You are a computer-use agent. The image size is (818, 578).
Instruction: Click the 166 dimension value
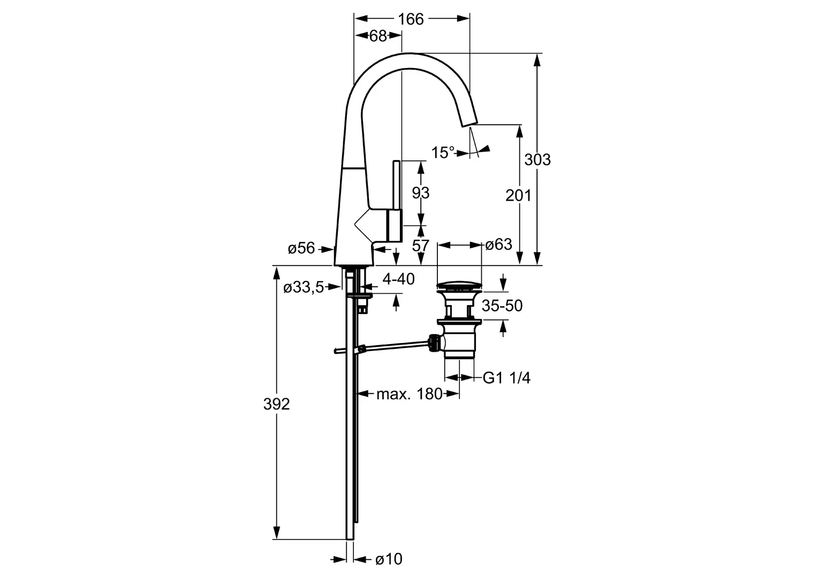[x=411, y=19]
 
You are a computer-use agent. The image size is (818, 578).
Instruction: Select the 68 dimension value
[x=378, y=36]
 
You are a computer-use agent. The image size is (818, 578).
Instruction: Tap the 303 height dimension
[x=537, y=159]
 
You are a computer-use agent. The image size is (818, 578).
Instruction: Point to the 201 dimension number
[x=518, y=195]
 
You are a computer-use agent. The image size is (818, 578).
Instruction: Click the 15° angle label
[x=443, y=153]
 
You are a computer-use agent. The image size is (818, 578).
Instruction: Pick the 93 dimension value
[x=421, y=192]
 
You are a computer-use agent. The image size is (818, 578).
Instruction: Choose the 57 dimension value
[x=421, y=246]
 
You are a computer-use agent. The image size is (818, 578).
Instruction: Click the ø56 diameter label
[x=301, y=248]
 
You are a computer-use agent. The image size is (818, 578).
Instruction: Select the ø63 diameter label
[x=498, y=245]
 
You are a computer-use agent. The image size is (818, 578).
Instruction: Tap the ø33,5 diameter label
[x=303, y=287]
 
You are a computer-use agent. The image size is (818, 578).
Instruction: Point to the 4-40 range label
[x=399, y=278]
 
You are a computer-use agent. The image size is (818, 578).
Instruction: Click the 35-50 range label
[x=502, y=306]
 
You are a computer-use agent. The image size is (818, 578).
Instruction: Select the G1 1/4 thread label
[x=506, y=378]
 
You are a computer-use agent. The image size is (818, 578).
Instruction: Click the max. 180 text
[x=409, y=394]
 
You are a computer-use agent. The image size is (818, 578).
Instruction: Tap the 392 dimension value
[x=276, y=404]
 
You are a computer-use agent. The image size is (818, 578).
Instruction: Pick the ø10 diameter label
[x=388, y=559]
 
